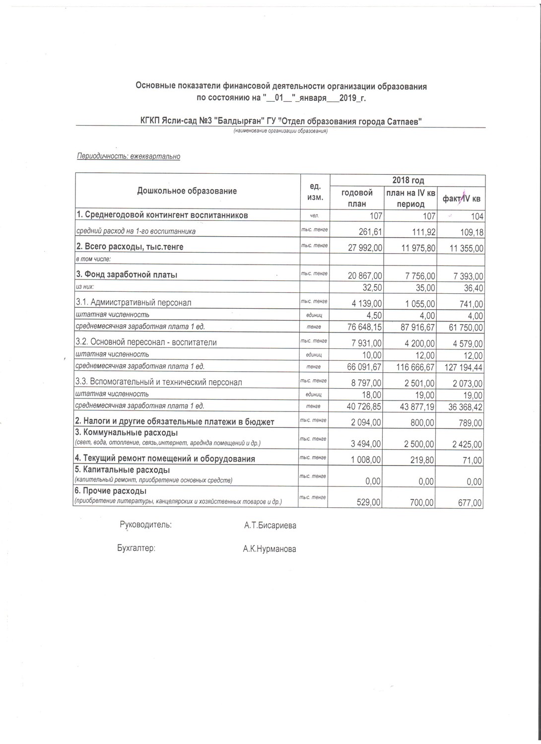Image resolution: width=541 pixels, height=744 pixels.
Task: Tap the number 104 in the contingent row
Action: tap(477, 216)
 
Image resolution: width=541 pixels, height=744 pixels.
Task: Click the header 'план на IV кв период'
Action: tap(410, 198)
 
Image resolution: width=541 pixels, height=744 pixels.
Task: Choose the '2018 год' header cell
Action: tap(407, 181)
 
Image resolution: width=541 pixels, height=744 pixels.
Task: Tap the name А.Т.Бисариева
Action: tap(270, 526)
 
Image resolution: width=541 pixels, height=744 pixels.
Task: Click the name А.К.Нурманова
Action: tap(270, 549)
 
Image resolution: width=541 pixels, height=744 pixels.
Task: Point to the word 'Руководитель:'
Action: tap(146, 525)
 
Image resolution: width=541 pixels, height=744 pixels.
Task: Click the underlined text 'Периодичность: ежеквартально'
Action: tap(128, 156)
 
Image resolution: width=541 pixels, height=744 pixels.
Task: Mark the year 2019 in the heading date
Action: tap(350, 98)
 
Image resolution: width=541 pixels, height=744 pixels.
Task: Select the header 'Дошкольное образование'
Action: tap(187, 191)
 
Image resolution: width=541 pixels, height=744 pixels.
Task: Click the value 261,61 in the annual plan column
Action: tap(370, 232)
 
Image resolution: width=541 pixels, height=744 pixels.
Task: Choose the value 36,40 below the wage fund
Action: tap(473, 288)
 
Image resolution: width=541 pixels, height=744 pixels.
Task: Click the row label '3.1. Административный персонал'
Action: tap(133, 302)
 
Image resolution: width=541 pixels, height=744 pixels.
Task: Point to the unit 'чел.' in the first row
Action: tap(315, 216)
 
